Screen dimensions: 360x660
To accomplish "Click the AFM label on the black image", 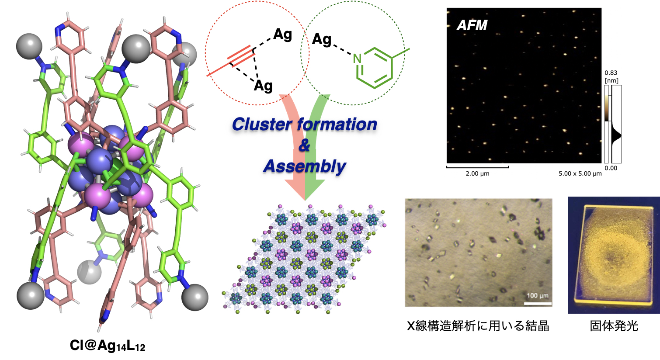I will pyautogui.click(x=472, y=25).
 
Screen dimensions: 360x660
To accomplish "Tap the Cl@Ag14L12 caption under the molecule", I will pyautogui.click(x=108, y=346).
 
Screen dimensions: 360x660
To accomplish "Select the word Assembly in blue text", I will pyautogui.click(x=304, y=166).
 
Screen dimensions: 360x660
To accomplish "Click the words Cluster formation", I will pyautogui.click(x=304, y=125).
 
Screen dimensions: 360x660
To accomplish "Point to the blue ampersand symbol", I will pyautogui.click(x=304, y=145).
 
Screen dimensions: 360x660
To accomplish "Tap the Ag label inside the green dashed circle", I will pyautogui.click(x=322, y=40).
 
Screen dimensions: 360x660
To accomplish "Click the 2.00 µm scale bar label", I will pyautogui.click(x=477, y=173).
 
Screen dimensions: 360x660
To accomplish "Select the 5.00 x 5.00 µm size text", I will pyautogui.click(x=580, y=173).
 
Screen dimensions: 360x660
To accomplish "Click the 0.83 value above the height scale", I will pyautogui.click(x=611, y=73).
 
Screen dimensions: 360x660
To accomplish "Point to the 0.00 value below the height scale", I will pyautogui.click(x=611, y=168).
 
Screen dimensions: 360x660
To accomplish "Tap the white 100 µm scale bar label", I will pyautogui.click(x=538, y=296).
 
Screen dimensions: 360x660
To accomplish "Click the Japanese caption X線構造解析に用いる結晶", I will pyautogui.click(x=478, y=326).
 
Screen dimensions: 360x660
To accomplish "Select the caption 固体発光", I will pyautogui.click(x=614, y=326).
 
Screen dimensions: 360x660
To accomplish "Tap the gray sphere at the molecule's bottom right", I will pyautogui.click(x=195, y=297).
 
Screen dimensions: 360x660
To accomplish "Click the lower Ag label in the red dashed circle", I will pyautogui.click(x=263, y=86).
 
